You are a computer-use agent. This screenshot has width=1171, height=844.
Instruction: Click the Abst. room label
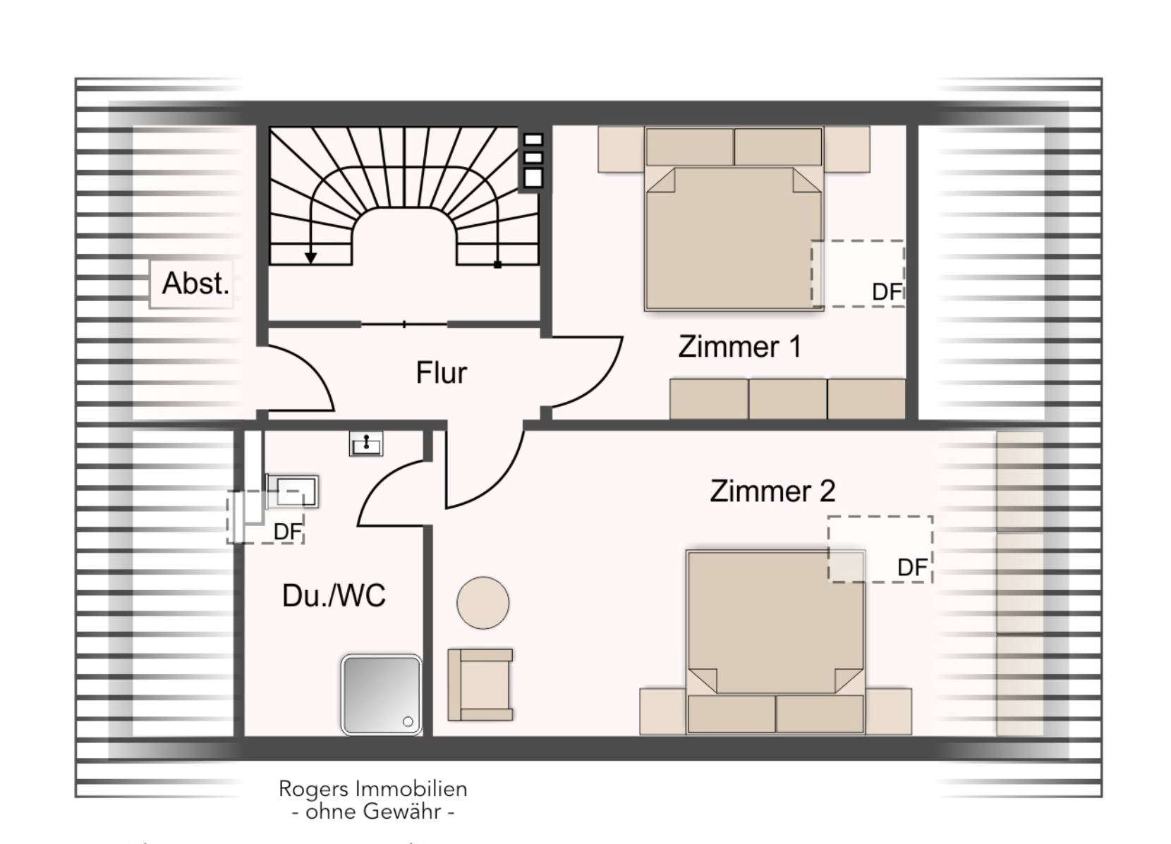[x=195, y=283]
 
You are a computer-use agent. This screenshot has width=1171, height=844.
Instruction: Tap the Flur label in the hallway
[x=441, y=372]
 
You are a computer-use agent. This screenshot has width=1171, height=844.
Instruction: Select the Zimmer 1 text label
[x=739, y=346]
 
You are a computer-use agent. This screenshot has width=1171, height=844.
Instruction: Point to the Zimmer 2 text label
[x=772, y=491]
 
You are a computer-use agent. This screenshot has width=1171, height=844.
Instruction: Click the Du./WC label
[x=334, y=595]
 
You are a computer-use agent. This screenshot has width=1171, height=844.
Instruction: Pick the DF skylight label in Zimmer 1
[x=887, y=292]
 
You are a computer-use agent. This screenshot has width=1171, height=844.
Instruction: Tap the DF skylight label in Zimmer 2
[x=913, y=568]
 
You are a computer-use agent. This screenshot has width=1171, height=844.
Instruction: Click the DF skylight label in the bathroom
[x=288, y=532]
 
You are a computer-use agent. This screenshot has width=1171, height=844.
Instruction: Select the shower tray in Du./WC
[x=381, y=695]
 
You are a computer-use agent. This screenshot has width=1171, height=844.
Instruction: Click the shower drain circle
[x=408, y=722]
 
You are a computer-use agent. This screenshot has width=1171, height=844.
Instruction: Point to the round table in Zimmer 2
[x=483, y=603]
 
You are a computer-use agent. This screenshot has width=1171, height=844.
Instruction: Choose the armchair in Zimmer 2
[x=480, y=685]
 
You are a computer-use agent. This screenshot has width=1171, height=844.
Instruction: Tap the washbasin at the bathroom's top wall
[x=366, y=444]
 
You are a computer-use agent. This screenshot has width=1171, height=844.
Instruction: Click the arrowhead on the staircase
[x=310, y=257]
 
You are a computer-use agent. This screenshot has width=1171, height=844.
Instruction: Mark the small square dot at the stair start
[x=498, y=264]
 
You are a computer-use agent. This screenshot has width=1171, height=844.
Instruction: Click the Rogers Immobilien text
[x=372, y=788]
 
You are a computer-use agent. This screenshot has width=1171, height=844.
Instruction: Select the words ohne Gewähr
[x=373, y=812]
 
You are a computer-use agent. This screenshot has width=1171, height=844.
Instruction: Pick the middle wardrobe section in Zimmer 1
[x=788, y=399]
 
